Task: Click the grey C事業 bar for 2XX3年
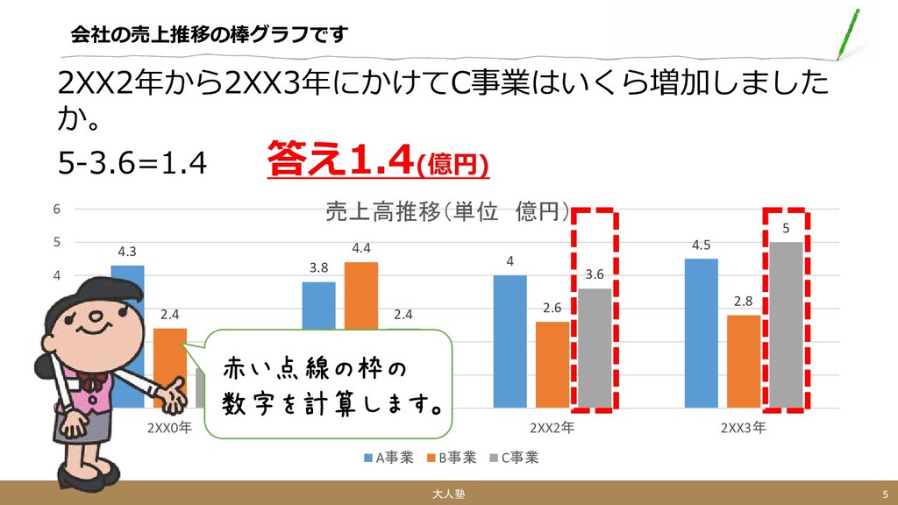(786, 325)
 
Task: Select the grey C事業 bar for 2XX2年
(595, 348)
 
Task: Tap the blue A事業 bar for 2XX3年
(701, 333)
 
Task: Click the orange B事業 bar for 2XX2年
(552, 365)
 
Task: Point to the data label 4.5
(701, 245)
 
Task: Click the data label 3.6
(595, 274)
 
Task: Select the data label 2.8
(744, 302)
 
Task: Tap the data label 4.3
(127, 252)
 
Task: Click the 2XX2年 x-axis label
(552, 428)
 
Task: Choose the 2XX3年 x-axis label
(744, 428)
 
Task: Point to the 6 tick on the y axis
(57, 210)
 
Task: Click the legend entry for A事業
(388, 458)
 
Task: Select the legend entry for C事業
(514, 458)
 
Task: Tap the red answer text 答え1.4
(340, 160)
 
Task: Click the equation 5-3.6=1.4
(132, 164)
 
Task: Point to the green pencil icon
(848, 34)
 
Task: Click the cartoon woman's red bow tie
(92, 381)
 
